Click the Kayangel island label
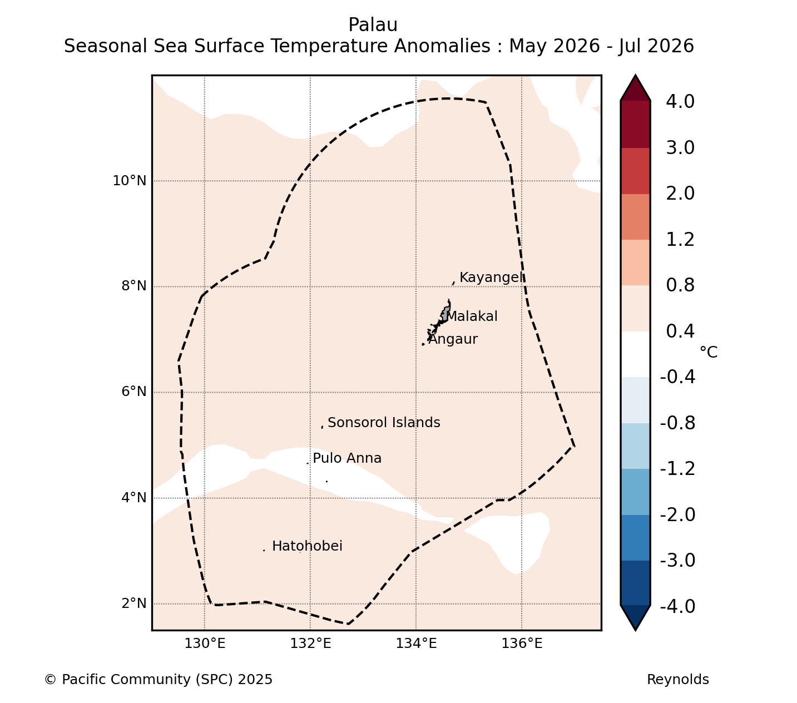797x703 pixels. [492, 278]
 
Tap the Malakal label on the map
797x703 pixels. [472, 316]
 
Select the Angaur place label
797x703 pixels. [453, 339]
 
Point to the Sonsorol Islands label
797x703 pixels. [384, 423]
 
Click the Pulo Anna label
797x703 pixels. [347, 458]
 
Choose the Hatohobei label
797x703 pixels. [307, 546]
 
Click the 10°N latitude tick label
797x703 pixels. [130, 181]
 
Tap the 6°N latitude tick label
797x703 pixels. [133, 392]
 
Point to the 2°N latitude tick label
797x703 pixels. [133, 603]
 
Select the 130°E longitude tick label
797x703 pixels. [205, 643]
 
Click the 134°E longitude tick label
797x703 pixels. [416, 643]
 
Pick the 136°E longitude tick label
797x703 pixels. [522, 643]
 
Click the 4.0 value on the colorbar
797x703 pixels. [680, 101]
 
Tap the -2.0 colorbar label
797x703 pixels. [677, 514]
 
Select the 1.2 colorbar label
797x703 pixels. [680, 240]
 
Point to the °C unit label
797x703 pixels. [709, 352]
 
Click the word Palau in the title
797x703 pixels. [373, 25]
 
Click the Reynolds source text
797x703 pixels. [678, 680]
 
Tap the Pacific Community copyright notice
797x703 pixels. [158, 680]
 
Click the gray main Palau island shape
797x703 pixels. [445, 314]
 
